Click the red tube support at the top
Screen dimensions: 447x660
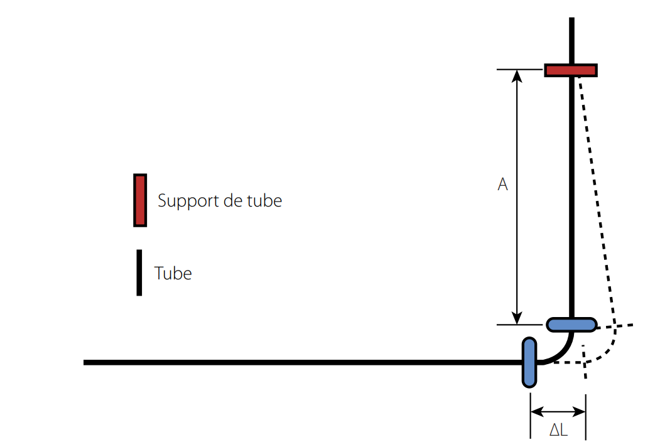tap(570, 70)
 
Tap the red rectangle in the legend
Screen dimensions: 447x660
tap(140, 200)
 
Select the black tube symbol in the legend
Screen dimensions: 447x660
tap(139, 272)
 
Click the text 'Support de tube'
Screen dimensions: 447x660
tap(220, 201)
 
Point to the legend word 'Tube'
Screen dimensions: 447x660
tap(173, 274)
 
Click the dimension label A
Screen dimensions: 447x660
tap(502, 185)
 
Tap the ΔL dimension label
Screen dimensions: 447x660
tap(559, 431)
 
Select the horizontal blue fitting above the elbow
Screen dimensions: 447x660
tap(571, 325)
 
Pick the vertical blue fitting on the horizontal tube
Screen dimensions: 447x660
tap(530, 362)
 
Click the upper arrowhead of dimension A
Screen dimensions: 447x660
tap(517, 75)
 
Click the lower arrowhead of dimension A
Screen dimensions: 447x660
tap(517, 319)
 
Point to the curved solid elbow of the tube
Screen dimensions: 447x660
tap(562, 353)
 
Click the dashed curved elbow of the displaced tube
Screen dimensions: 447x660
tap(608, 352)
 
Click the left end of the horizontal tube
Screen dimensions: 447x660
tap(86, 362)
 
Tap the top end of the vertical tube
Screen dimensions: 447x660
tap(571, 20)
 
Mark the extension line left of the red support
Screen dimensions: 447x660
tap(519, 69)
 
